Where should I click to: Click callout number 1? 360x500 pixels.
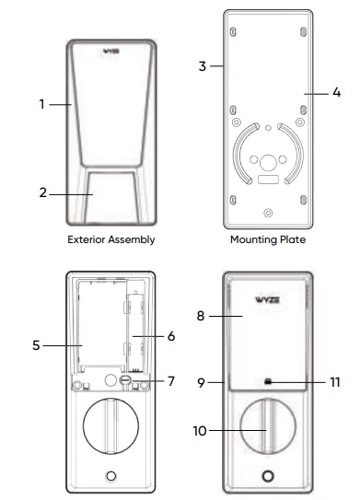pos(42,105)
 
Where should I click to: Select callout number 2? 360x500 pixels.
pos(42,193)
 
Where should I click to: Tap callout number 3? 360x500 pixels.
pos(203,66)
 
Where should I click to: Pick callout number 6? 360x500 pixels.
pos(171,336)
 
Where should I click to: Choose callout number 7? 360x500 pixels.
pos(171,379)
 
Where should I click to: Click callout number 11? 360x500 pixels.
pos(335,379)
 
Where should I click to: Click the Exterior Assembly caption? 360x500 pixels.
pos(111,239)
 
